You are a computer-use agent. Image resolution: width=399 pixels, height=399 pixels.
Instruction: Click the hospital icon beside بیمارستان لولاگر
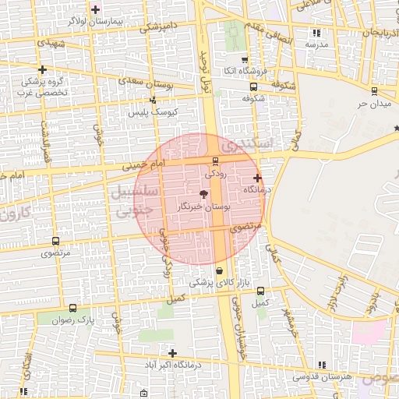pos(96,9)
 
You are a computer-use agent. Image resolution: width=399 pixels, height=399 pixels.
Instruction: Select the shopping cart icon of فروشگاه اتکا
pos(245,59)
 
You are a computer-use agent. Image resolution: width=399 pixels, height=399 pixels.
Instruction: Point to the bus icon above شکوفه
pos(252,87)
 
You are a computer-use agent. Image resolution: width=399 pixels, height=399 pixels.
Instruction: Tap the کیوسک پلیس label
pos(154,112)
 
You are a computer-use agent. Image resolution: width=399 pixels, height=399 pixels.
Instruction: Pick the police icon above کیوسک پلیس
pos(153,100)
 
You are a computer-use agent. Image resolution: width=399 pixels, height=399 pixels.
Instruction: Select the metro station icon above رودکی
pos(215,161)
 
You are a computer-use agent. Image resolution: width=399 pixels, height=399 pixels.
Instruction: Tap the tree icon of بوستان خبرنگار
pos(203,193)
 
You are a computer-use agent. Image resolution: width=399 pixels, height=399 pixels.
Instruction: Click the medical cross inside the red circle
pos(257,178)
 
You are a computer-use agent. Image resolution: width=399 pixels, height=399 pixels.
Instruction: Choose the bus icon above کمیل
pos(260,291)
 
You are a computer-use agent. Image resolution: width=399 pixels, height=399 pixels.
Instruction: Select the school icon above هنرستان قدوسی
pos(321,364)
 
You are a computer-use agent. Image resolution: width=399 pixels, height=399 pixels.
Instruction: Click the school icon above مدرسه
pos(316,33)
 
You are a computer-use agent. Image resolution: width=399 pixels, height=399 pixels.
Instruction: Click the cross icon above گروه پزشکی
pos(42,69)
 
